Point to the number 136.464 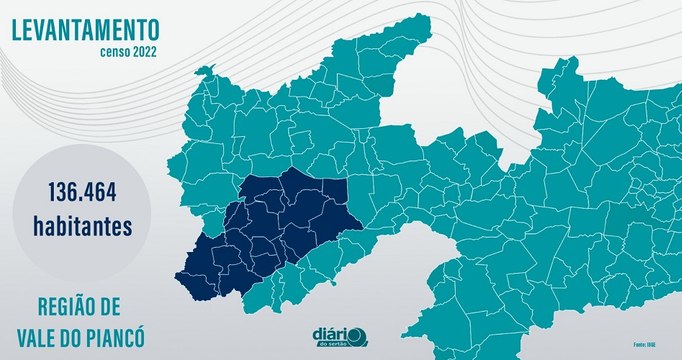82,190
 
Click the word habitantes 82,227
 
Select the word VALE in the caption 39,336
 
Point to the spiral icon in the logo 360,337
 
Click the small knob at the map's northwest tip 206,70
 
